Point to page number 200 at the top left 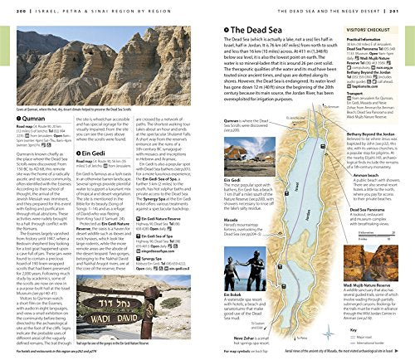8,7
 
